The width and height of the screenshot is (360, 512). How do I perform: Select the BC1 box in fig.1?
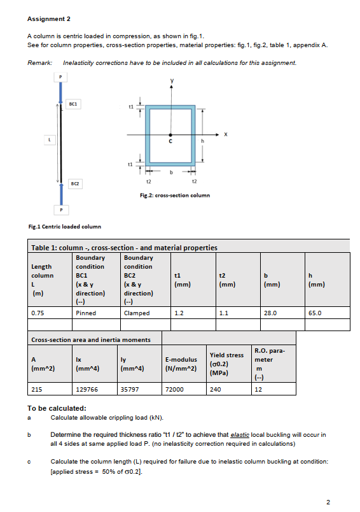73,103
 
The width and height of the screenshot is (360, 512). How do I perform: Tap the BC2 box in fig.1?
73,183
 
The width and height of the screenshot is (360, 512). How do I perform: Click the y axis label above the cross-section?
170,81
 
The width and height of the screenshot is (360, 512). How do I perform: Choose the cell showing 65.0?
314,313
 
